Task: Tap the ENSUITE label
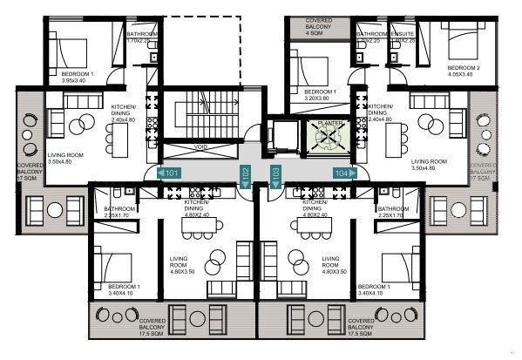point(403,36)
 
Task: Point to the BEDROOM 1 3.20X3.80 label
point(322,94)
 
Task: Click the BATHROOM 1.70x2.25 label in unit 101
point(141,37)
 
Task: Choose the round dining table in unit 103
point(293,262)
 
